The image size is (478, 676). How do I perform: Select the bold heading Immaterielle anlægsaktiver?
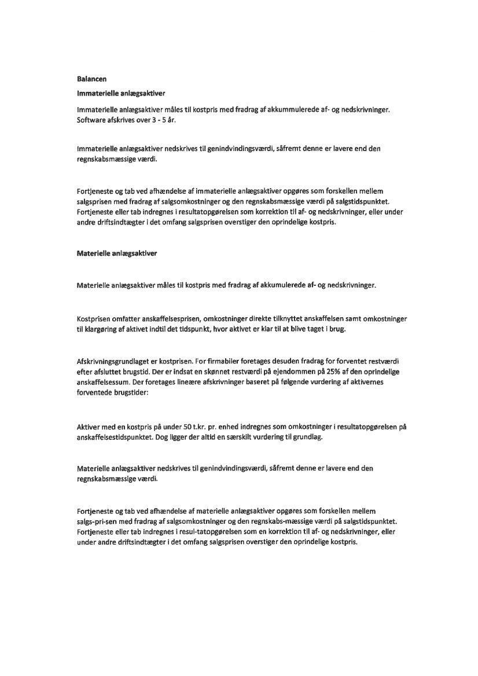[x=118, y=92]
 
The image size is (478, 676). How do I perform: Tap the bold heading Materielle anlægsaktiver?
[x=116, y=253]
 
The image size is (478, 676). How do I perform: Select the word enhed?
[x=239, y=427]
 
